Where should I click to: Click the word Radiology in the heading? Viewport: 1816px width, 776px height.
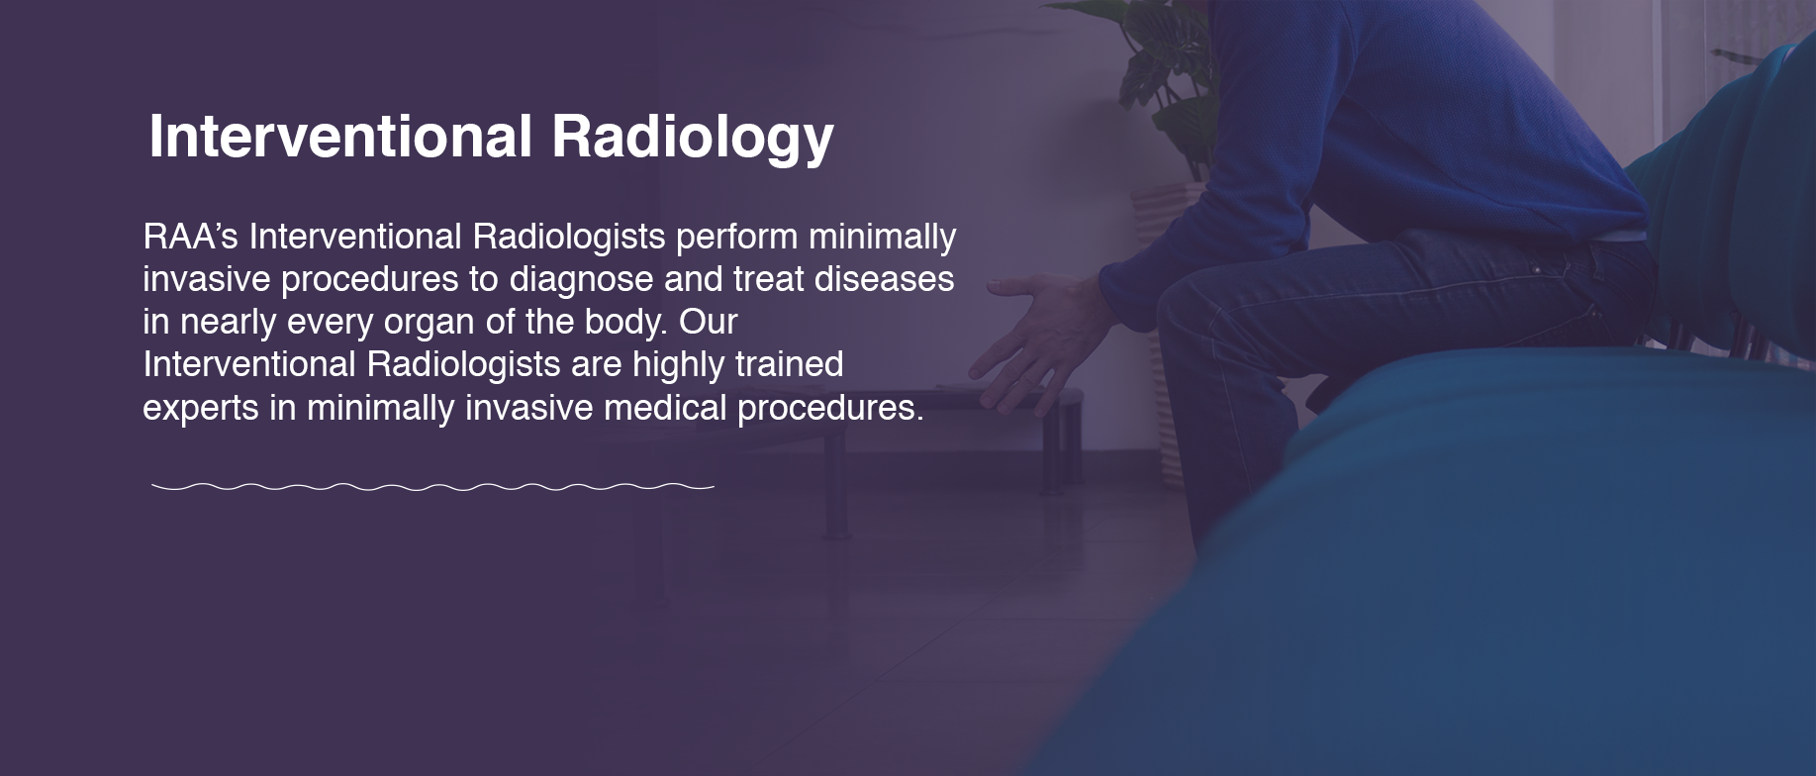[x=693, y=138]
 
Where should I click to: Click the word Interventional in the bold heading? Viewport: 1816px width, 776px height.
[x=341, y=136]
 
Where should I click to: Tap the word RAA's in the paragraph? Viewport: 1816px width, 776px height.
[x=191, y=237]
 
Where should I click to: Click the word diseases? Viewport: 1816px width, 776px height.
[x=884, y=279]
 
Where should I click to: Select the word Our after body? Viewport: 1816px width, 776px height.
[x=709, y=322]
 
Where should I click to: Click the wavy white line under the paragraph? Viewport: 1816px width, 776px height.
[x=433, y=487]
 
